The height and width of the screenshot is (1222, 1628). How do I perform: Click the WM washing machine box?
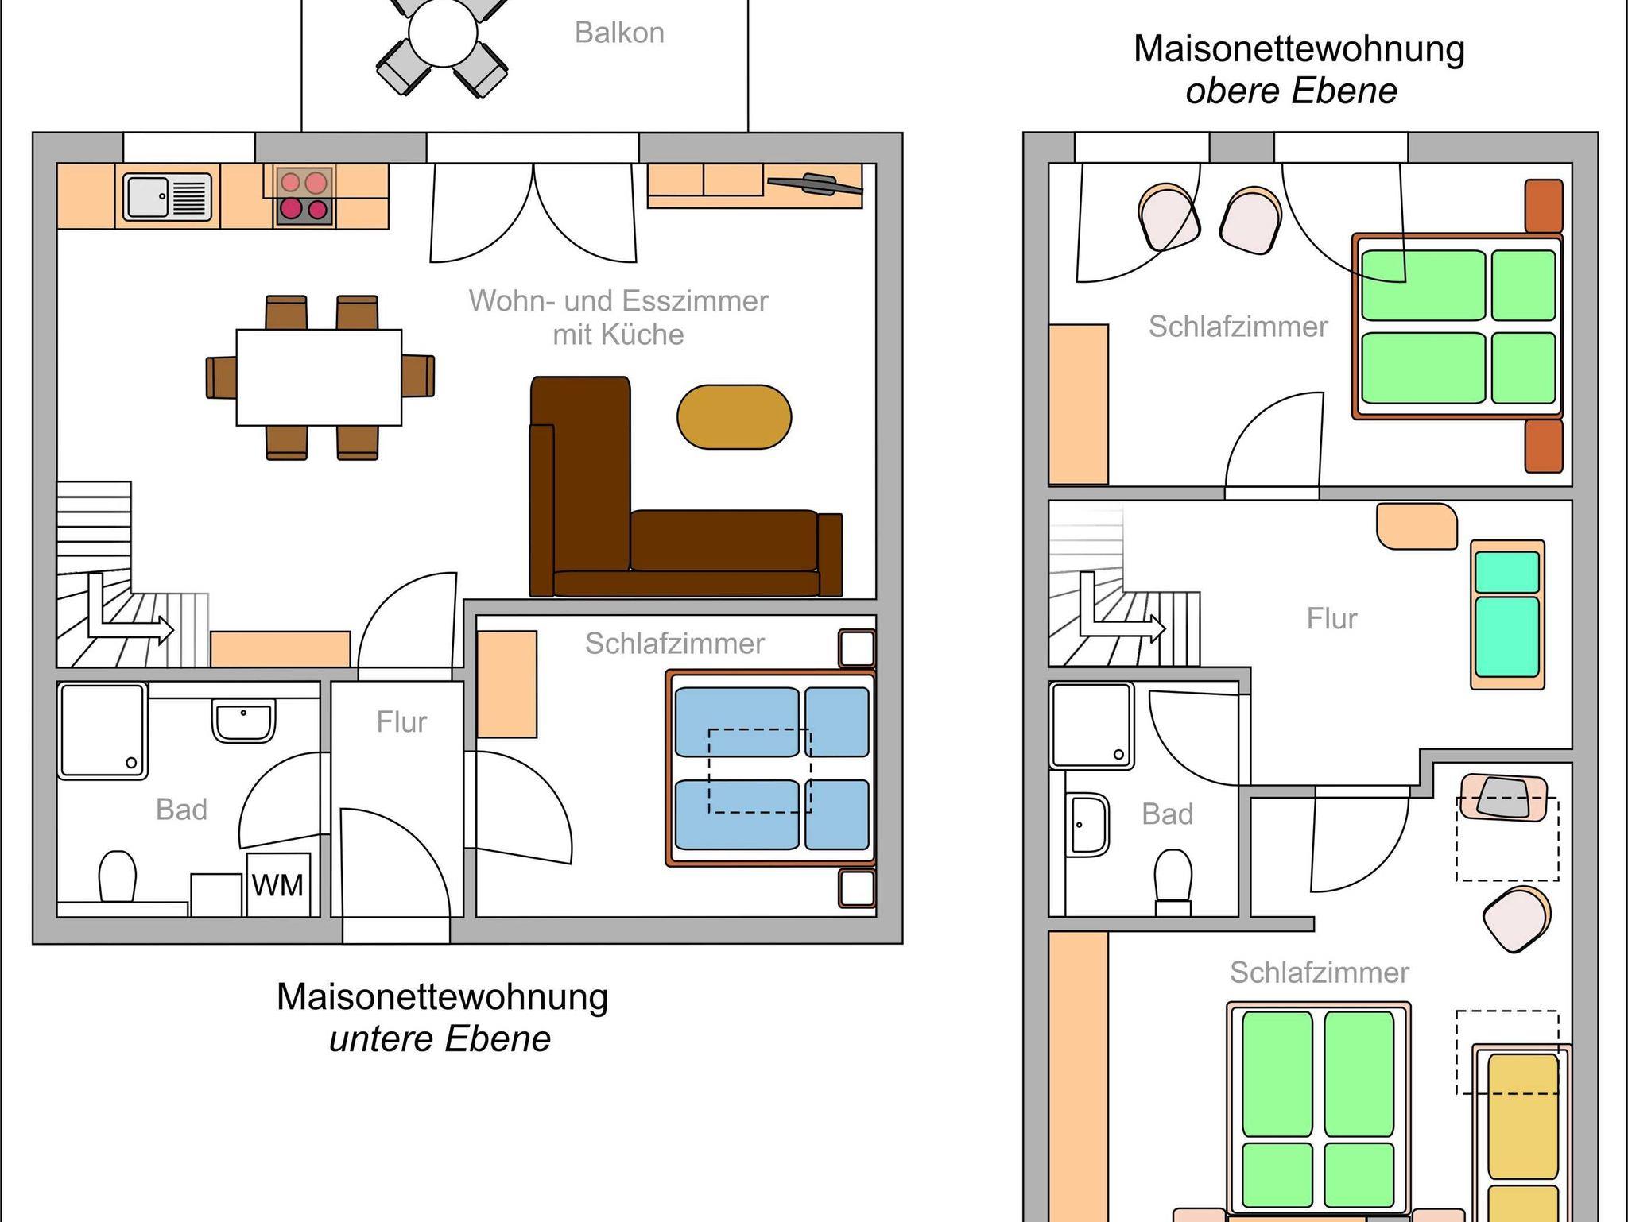pos(277,884)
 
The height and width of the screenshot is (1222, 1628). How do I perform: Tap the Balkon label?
pos(619,33)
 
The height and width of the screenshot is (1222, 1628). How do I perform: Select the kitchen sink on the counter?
pos(168,195)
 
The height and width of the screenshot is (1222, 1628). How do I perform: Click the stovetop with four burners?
pos(304,196)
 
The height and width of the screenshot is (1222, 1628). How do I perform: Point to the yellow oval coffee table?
pos(734,416)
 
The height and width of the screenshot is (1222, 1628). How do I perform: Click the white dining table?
pos(319,377)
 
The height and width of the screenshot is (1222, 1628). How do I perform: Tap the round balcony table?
pos(443,33)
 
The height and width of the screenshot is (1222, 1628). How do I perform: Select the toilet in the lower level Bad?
pos(118,876)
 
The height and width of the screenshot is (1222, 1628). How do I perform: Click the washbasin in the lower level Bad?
pos(243,720)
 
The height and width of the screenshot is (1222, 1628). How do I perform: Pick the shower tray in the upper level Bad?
pos(1091,725)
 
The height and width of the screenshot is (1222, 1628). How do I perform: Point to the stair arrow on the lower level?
pos(127,613)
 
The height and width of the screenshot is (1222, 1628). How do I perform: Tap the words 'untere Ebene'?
pos(440,1038)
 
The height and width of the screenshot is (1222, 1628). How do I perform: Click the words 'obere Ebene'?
pos(1291,91)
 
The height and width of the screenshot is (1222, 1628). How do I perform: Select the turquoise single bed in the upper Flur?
pos(1507,614)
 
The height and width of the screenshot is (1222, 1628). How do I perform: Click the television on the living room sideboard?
pos(814,184)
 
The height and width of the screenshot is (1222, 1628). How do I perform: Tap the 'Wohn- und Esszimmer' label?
pos(618,301)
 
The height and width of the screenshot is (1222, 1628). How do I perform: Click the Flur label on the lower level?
pos(401,721)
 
